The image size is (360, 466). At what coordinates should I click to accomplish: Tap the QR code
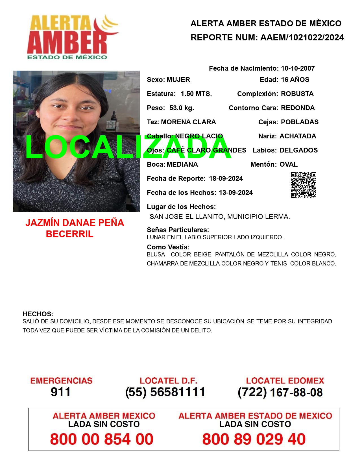(304, 185)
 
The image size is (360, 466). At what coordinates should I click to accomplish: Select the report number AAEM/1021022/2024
(302, 38)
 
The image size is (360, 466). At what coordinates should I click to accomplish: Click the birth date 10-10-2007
(298, 68)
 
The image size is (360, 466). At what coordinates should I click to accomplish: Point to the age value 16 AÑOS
(295, 80)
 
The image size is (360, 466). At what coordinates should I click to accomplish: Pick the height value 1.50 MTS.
(196, 94)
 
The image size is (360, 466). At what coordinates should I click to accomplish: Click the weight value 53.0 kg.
(182, 108)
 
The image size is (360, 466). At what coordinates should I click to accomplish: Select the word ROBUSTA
(297, 94)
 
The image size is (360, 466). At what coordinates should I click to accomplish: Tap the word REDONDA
(298, 108)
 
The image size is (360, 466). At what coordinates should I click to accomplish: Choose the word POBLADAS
(300, 122)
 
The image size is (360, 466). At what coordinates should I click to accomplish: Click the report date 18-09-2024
(226, 178)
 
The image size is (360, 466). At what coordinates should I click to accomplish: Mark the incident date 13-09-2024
(236, 193)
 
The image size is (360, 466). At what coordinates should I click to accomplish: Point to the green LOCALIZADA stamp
(128, 147)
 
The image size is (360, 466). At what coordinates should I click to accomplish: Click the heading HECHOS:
(38, 314)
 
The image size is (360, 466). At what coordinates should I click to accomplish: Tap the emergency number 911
(61, 392)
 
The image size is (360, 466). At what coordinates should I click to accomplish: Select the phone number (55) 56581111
(165, 392)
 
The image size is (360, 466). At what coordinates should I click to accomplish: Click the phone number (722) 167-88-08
(280, 392)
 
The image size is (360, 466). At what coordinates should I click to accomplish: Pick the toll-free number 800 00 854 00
(102, 439)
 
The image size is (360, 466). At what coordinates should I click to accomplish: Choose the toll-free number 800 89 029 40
(254, 439)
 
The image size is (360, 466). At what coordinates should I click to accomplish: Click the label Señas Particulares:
(178, 230)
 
